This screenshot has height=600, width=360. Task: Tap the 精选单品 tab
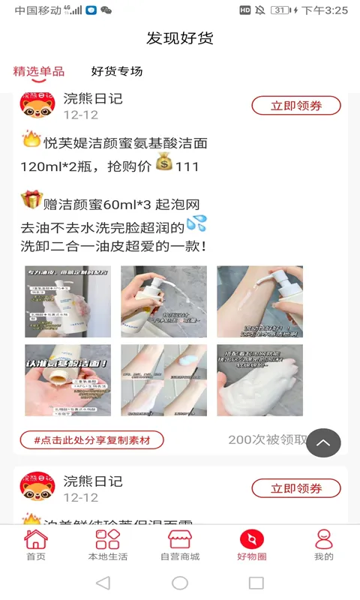39,72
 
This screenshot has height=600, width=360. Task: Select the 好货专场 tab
117,72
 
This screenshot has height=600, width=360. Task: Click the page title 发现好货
180,38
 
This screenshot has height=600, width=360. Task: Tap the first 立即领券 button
296,106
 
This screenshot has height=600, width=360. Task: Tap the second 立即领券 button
296,488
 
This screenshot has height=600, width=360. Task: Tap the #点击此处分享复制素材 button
92,440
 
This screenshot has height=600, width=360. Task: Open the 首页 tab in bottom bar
36,545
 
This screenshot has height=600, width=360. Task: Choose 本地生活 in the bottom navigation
108,545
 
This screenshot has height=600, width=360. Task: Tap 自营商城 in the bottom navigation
180,545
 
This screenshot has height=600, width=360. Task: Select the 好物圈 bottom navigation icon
252,545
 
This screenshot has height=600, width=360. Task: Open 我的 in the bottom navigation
324,545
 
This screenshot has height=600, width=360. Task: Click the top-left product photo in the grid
67,301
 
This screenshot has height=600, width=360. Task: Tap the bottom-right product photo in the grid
259,380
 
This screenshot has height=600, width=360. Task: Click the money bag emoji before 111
164,163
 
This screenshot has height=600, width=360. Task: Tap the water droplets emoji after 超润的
196,223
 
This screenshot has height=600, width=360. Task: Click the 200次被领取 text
267,440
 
